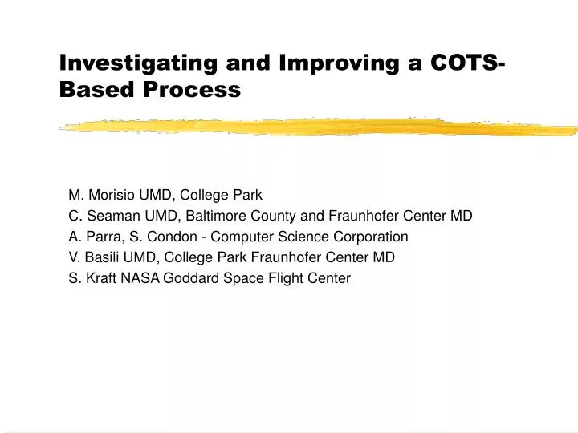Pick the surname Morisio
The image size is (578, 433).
[115, 195]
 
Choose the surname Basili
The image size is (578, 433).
[104, 257]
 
